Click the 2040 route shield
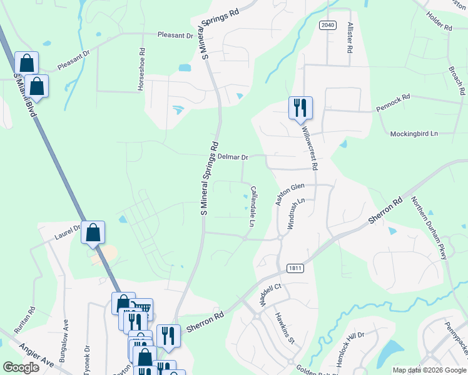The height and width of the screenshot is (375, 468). click(327, 25)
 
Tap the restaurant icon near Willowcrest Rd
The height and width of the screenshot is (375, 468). click(300, 107)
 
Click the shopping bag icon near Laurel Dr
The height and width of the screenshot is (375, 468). click(93, 232)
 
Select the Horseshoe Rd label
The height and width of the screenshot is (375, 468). click(142, 69)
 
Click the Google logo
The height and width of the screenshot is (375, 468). click(21, 367)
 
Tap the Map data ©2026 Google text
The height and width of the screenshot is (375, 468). click(429, 370)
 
